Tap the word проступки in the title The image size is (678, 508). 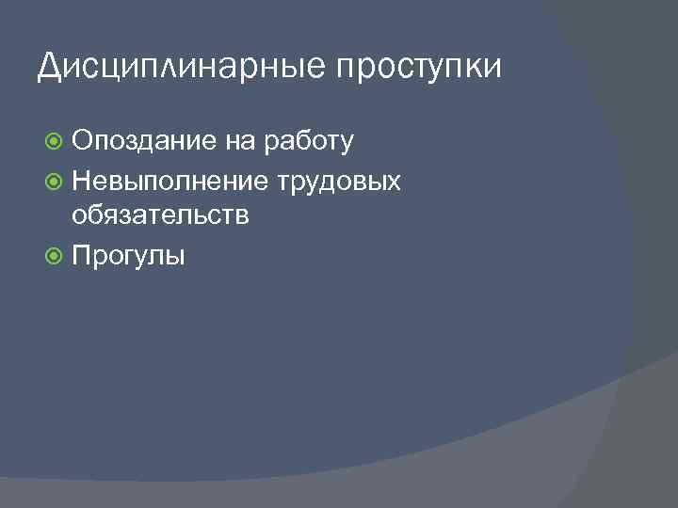(416, 68)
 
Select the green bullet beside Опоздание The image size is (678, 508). (55, 142)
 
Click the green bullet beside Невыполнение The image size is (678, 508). (55, 180)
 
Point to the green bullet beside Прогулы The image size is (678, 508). (55, 255)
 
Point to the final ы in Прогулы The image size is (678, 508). (174, 257)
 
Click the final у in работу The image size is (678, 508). (347, 145)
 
